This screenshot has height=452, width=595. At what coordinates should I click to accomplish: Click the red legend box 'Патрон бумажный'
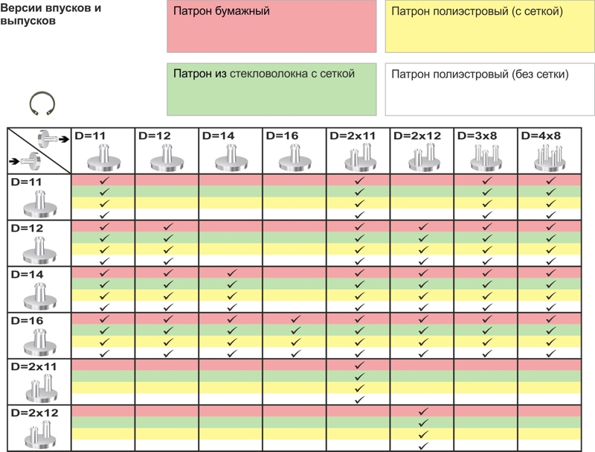[271, 26]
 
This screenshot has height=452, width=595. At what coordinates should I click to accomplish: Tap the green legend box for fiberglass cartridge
[271, 89]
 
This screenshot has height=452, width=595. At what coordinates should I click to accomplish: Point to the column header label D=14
[217, 136]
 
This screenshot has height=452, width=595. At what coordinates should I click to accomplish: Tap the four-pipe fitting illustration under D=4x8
[550, 157]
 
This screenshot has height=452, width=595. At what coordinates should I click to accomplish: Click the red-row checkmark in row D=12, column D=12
[167, 226]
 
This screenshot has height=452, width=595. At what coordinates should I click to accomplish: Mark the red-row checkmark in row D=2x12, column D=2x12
[422, 411]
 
